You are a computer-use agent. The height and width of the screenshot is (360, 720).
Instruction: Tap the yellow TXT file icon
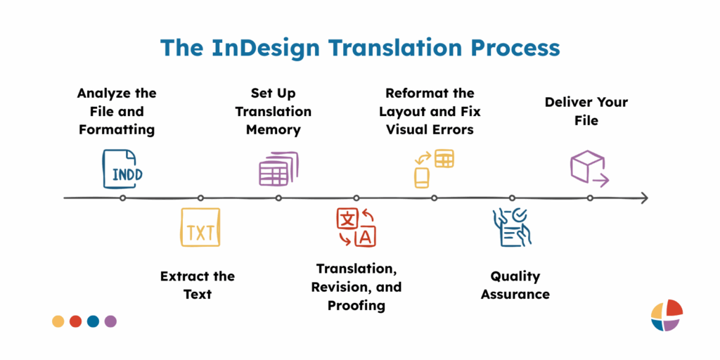coord(200,227)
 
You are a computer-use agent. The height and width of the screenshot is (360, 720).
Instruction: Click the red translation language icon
coord(356,227)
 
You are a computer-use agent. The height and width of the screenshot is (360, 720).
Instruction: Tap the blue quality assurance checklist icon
coord(511,227)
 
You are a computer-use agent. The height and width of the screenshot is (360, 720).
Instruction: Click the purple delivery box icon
coord(588,169)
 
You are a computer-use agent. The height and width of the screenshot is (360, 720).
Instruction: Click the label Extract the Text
coord(198,285)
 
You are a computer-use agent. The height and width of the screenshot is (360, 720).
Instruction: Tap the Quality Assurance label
coord(515,285)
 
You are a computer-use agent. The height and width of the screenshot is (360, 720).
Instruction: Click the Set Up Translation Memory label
coord(274,111)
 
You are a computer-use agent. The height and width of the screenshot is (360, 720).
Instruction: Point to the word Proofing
coord(356,305)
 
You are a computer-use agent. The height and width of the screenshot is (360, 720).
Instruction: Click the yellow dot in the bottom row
coord(58,321)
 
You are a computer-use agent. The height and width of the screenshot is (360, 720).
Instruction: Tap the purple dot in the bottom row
coord(110,321)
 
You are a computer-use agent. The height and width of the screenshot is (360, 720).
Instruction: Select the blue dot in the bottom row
coord(93,321)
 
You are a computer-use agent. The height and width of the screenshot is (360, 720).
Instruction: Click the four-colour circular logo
coord(666,315)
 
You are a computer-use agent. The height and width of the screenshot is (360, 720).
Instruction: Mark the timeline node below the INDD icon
coord(123,198)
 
